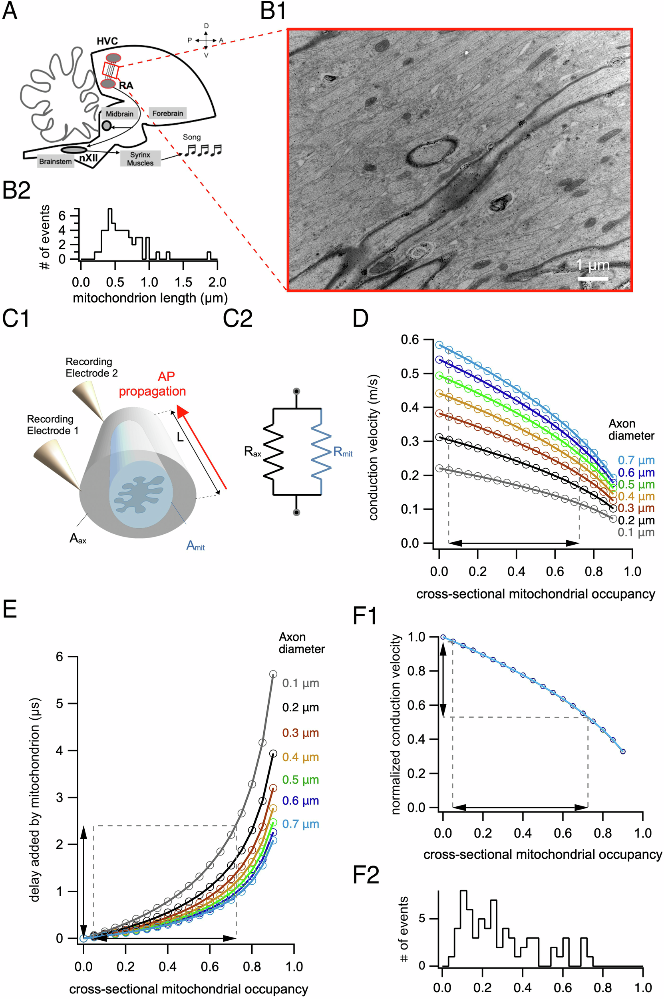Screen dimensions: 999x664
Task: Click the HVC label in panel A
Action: click(107, 41)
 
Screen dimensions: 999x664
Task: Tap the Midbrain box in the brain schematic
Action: click(119, 113)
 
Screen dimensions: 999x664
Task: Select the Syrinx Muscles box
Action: click(140, 159)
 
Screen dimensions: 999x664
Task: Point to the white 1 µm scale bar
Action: click(593, 278)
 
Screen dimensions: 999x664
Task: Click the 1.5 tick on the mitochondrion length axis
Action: click(183, 282)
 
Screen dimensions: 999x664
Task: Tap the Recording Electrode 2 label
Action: click(91, 367)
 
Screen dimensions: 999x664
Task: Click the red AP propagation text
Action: click(153, 384)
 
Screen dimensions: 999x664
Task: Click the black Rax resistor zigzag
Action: click(273, 452)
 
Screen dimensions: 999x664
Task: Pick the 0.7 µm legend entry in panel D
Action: click(636, 460)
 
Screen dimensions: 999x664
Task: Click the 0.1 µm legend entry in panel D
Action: click(636, 532)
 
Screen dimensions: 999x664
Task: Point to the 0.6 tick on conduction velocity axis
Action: click(410, 340)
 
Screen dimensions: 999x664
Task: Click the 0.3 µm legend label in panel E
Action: click(300, 732)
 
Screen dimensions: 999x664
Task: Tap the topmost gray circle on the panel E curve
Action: click(273, 674)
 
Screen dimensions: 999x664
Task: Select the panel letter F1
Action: click(365, 616)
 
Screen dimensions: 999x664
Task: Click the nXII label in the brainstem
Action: click(89, 159)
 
